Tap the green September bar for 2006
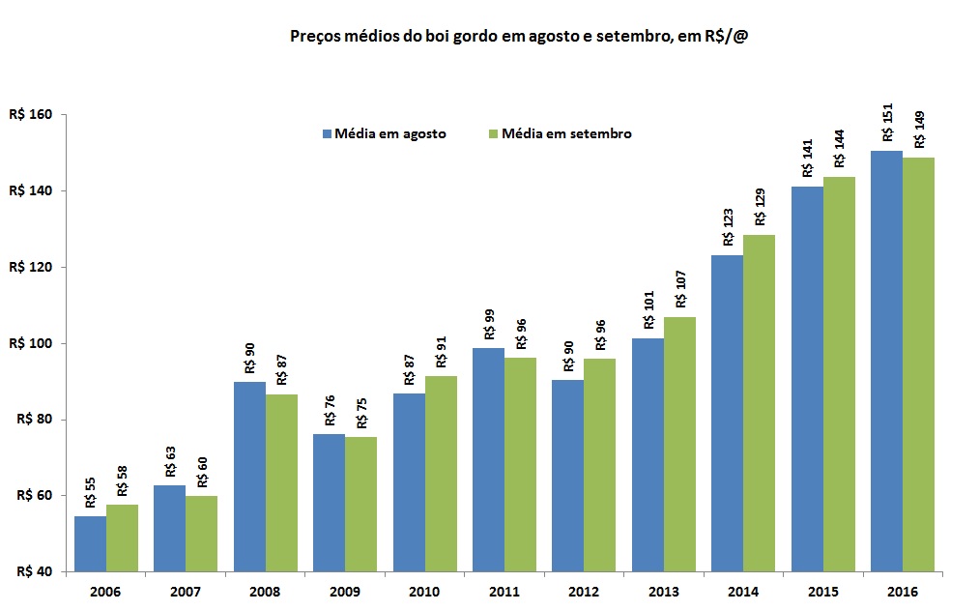click(122, 538)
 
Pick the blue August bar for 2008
click(249, 477)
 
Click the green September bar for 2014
click(759, 403)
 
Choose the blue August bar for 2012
click(568, 477)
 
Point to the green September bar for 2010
click(441, 474)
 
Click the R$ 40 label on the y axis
click(34, 571)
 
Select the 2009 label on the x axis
click(345, 591)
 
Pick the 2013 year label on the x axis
click(664, 591)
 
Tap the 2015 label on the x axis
click(823, 591)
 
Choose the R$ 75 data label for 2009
click(361, 412)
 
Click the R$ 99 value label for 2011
click(488, 322)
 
